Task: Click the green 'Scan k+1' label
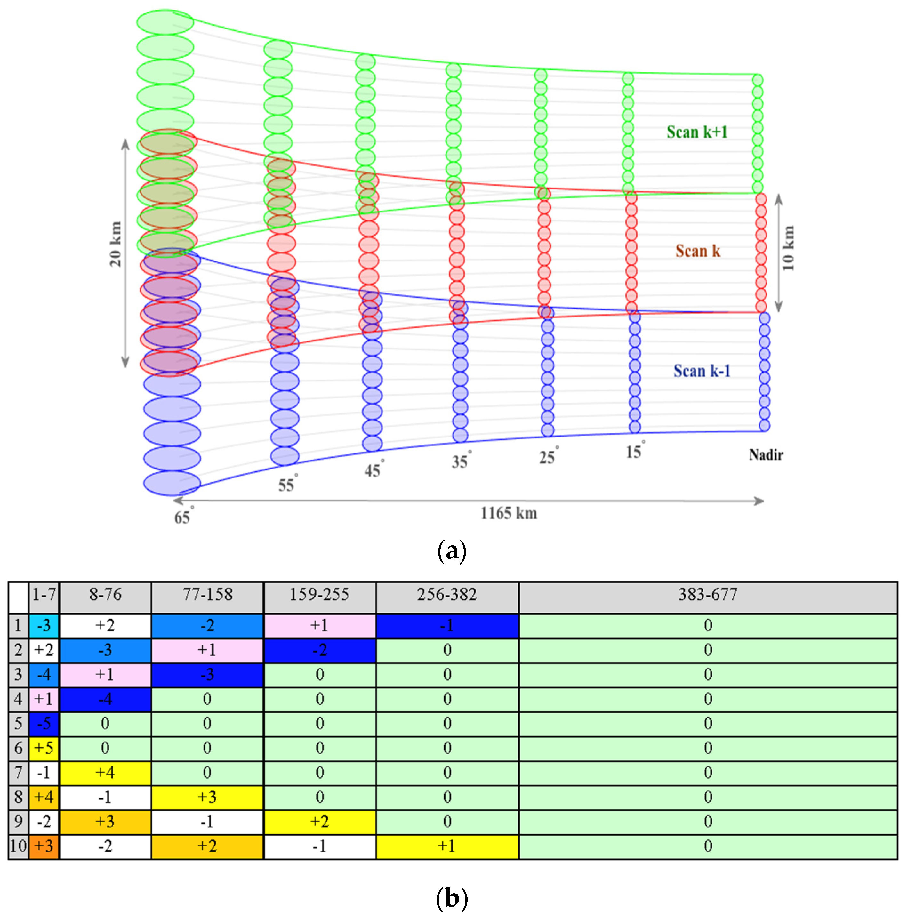697,132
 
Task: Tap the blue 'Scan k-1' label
702,371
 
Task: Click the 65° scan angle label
183,516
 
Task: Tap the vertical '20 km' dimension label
116,244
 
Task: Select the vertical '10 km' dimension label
788,248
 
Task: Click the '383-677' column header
708,595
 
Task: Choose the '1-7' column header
44,595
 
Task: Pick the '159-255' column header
319,595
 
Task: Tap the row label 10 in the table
18,846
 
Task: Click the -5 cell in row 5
44,723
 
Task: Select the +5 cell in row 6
44,748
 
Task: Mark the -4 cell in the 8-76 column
105,699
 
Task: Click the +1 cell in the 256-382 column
447,846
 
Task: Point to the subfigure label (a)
451,551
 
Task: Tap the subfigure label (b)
451,898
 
